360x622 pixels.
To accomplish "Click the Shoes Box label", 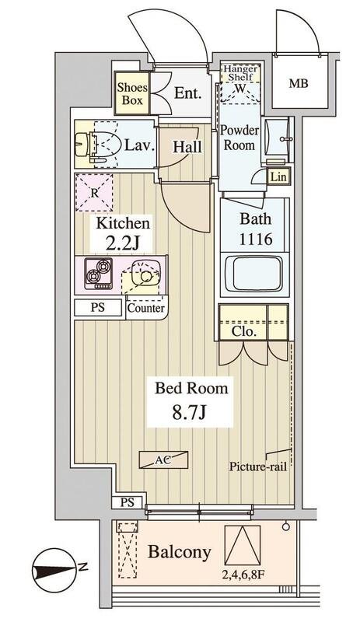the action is point(132,93).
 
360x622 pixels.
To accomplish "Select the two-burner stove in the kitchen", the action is point(99,273).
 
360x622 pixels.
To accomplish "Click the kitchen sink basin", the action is point(145,273).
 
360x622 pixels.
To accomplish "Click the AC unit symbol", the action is point(163,460).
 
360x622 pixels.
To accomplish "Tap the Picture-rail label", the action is point(258,466).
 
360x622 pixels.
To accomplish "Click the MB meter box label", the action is point(299,84).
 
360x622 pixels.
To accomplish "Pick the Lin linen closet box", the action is point(278,176).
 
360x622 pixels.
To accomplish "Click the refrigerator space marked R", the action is point(94,193).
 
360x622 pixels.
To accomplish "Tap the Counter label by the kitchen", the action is point(146,308).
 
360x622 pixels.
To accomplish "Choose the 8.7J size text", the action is point(190,413).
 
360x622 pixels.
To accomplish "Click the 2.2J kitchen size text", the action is point(122,242).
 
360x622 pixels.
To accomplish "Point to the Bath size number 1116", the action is point(256,239).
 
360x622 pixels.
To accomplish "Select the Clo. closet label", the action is point(243,332).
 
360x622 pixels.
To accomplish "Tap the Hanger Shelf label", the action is point(240,72).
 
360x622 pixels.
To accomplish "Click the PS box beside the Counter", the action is point(98,308).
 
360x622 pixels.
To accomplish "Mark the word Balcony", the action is point(180,552).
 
